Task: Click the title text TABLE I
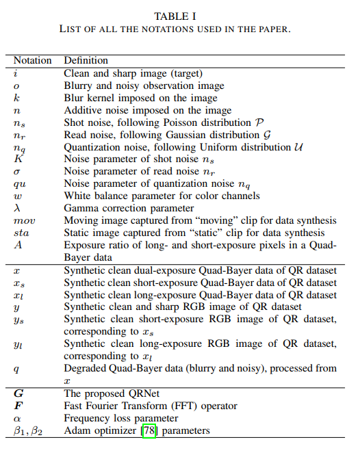180,16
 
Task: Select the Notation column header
33,60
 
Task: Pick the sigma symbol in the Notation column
16,171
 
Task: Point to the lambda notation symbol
16,208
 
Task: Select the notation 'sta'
21,233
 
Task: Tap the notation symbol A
17,245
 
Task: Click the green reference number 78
149,430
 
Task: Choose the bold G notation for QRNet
18,393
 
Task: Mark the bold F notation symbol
17,406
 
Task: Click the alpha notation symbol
17,418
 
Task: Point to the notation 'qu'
19,183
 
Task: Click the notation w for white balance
17,196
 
